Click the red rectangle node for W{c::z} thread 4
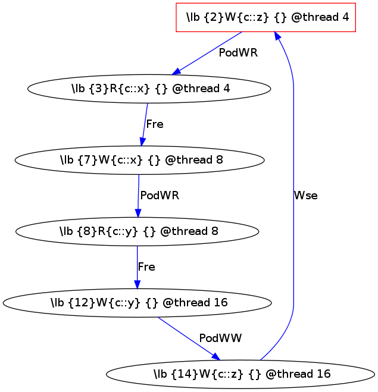(266, 17)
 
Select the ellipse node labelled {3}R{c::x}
(149, 89)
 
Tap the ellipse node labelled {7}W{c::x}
(140, 160)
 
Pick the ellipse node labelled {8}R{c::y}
(138, 231)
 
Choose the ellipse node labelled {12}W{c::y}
(138, 303)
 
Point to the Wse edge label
(305, 196)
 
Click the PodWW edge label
(220, 338)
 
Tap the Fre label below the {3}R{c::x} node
(155, 124)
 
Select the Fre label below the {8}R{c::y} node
(146, 267)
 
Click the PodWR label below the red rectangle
(238, 53)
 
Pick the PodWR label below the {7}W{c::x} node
(159, 195)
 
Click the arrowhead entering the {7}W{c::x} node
(142, 142)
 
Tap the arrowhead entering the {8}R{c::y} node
(138, 214)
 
